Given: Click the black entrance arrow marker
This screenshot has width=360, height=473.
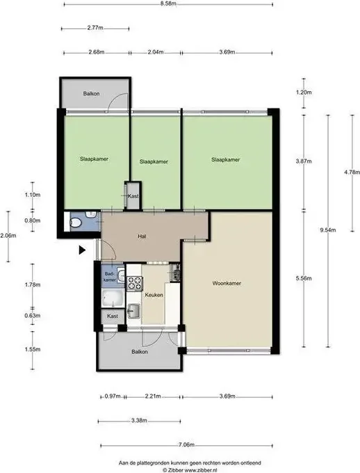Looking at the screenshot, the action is pyautogui.click(x=82, y=250).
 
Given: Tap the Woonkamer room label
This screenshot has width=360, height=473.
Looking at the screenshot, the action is pyautogui.click(x=227, y=283).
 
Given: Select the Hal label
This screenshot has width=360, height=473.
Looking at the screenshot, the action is pyautogui.click(x=142, y=236).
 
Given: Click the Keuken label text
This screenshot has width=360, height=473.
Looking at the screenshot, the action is pyautogui.click(x=154, y=295).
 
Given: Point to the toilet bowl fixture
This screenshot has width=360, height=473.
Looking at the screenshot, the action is pyautogui.click(x=75, y=223).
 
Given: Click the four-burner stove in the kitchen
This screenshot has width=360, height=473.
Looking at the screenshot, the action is pyautogui.click(x=134, y=283).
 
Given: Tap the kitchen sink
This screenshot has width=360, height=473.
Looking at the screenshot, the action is pyautogui.click(x=133, y=311).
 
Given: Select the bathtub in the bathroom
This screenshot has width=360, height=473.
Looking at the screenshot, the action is pyautogui.click(x=113, y=298).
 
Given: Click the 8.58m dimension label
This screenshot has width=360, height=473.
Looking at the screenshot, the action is pyautogui.click(x=168, y=4).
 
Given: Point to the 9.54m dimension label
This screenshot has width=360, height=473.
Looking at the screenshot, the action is pyautogui.click(x=328, y=230).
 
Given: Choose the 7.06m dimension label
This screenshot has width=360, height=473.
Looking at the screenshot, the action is pyautogui.click(x=186, y=444).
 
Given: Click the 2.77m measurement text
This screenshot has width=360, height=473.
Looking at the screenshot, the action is pyautogui.click(x=95, y=28).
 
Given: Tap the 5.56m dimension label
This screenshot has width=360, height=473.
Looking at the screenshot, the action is pyautogui.click(x=304, y=278).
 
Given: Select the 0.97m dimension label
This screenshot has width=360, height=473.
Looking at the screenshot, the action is pyautogui.click(x=113, y=396).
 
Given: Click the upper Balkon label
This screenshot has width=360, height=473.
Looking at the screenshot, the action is pyautogui.click(x=91, y=93).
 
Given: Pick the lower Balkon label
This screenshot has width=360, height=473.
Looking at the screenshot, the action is pyautogui.click(x=140, y=352).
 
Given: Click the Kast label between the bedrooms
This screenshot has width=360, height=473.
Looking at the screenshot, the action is pyautogui.click(x=133, y=196).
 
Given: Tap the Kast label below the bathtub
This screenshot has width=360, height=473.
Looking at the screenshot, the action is pyautogui.click(x=113, y=316).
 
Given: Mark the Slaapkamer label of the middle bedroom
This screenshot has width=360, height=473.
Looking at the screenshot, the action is pyautogui.click(x=154, y=161).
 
